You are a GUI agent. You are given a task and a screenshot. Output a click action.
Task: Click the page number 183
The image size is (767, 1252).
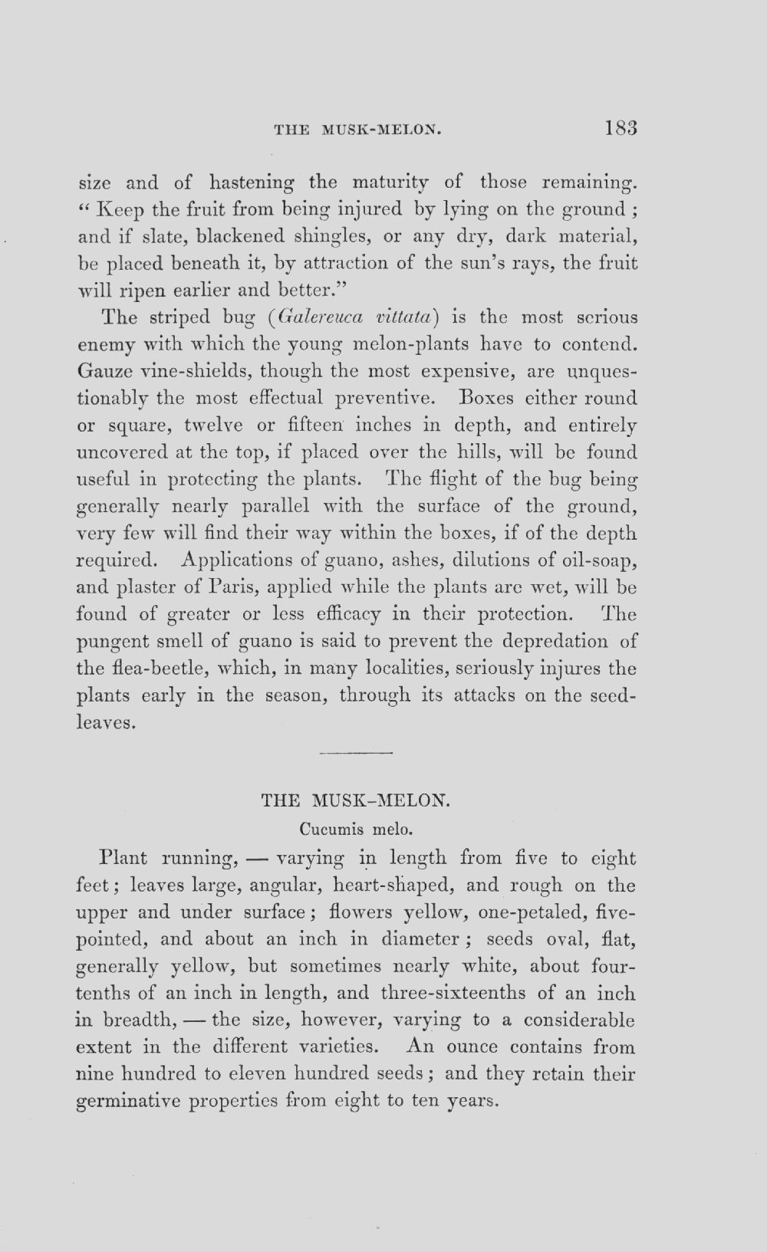coord(621,127)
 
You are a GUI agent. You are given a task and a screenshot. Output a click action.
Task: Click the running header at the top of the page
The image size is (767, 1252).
coord(358,130)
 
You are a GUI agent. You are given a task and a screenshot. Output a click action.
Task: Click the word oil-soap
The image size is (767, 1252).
coord(595,560)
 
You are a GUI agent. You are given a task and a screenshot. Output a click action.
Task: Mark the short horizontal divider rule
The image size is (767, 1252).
coord(355,754)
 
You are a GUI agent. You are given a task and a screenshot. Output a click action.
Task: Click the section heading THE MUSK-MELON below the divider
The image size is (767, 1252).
coord(355,800)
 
